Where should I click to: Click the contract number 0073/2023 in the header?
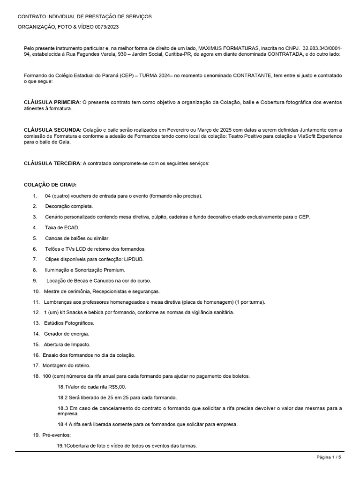tap(107, 27)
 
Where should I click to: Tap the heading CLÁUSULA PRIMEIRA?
tap(52, 102)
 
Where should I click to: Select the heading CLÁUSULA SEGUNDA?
tap(52, 130)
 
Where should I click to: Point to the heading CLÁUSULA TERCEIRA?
tap(52, 163)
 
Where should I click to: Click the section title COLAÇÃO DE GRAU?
tap(50, 184)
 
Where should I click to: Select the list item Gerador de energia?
tap(67, 334)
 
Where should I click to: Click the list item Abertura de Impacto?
tap(67, 345)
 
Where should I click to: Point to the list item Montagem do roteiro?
tap(67, 366)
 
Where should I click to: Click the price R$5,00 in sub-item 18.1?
tap(117, 387)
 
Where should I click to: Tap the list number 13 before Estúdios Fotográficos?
tap(36, 323)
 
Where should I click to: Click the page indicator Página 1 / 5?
tap(329, 457)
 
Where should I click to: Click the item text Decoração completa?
tap(69, 206)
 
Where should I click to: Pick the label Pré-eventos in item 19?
tap(56, 435)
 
